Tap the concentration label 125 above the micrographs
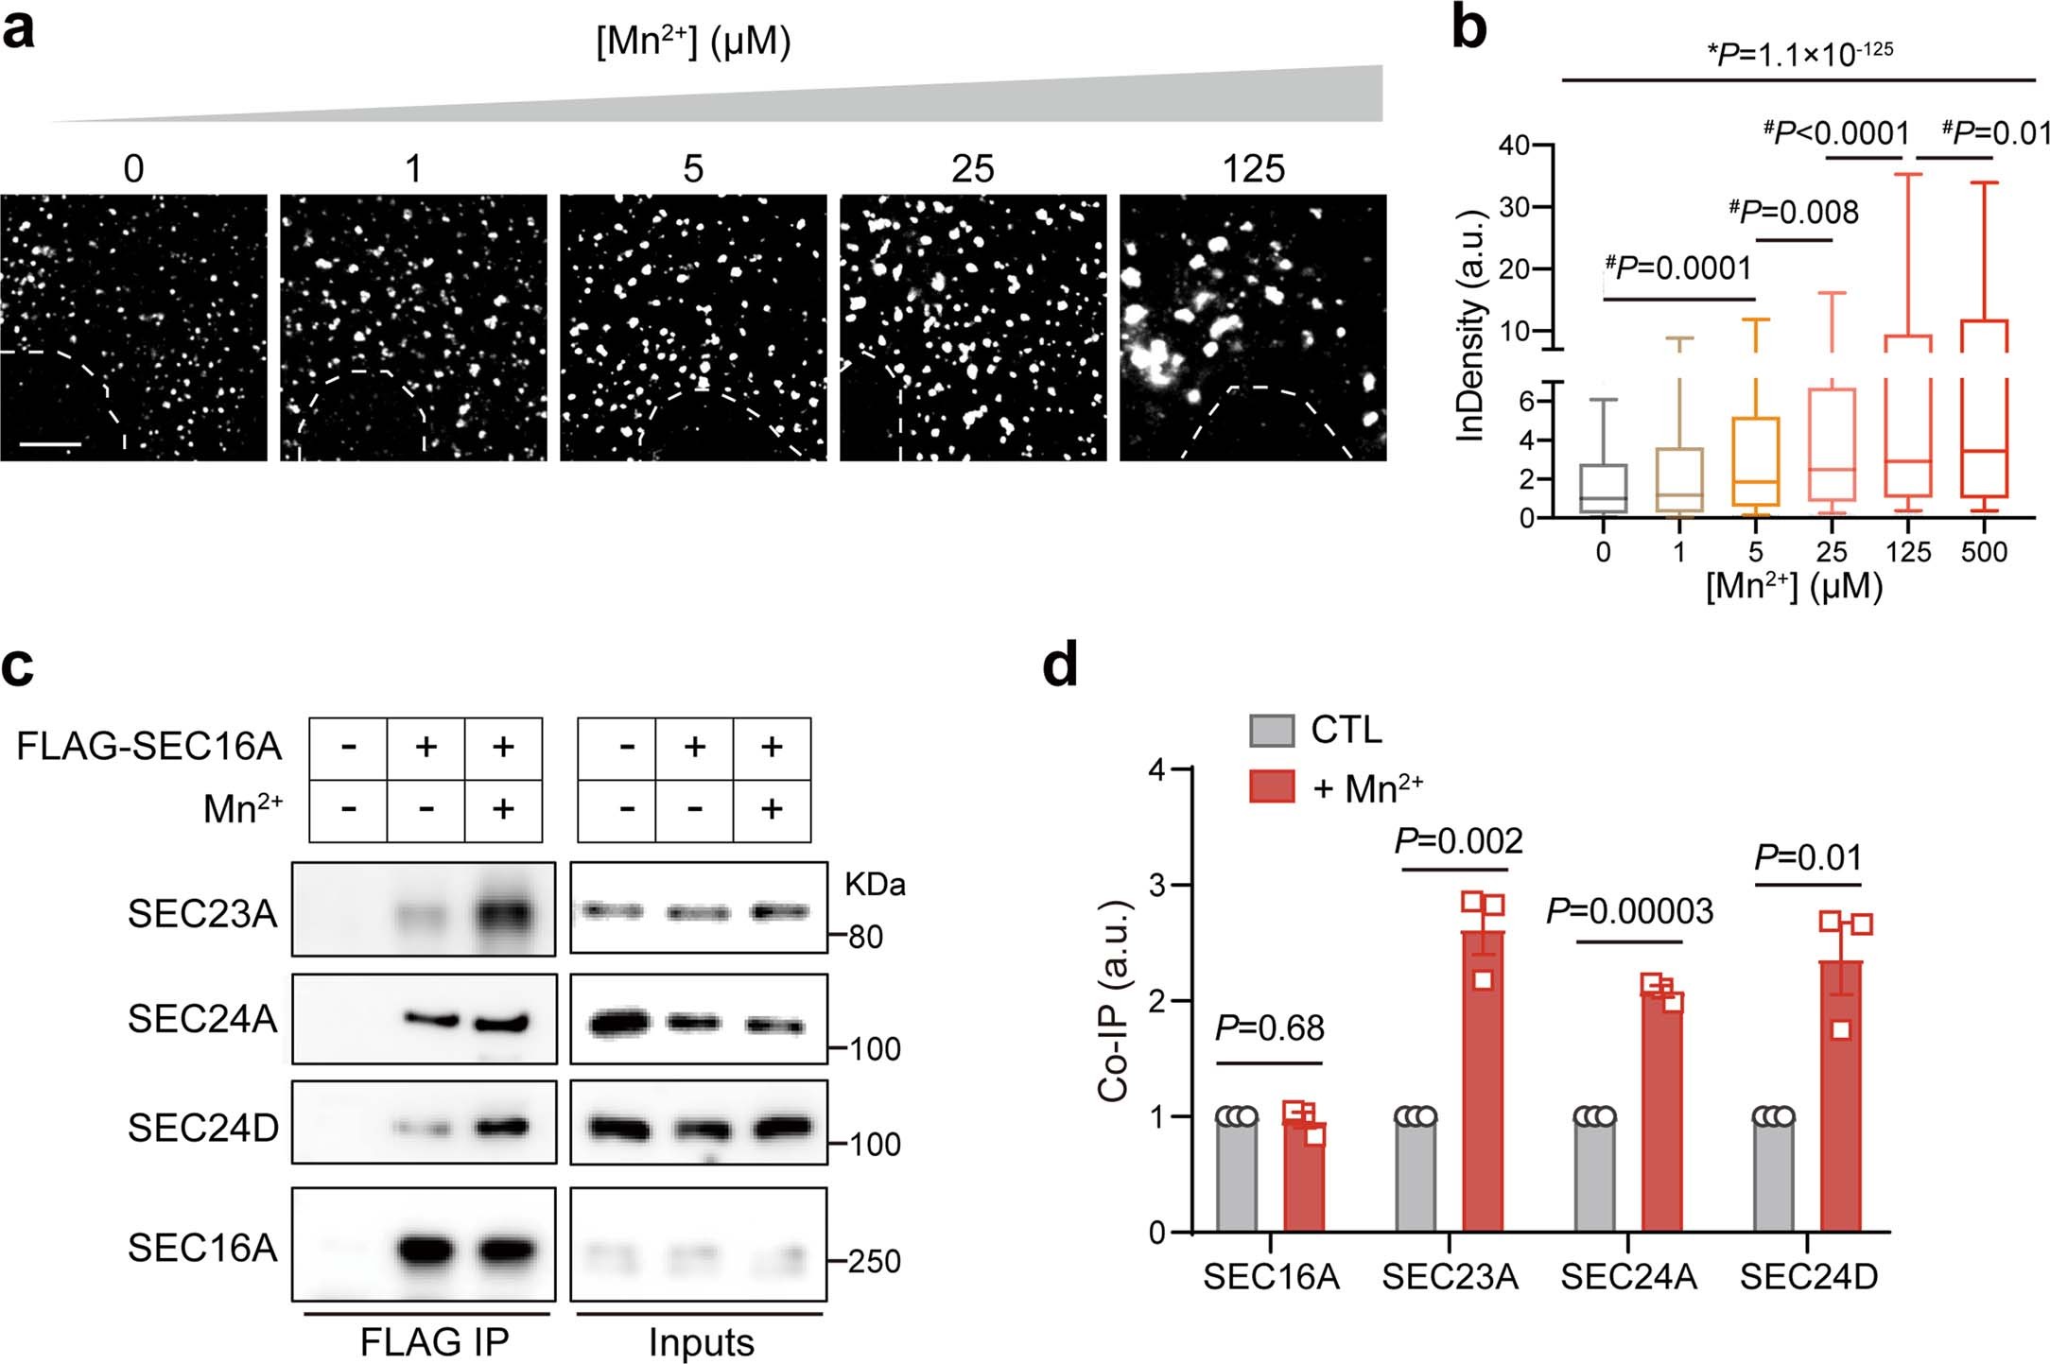(x=1253, y=170)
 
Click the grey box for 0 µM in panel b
(x=1604, y=489)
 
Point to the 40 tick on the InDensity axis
(x=1514, y=146)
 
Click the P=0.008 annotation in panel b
(x=1793, y=212)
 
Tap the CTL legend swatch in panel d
(x=1271, y=731)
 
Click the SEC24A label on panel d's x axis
(x=1628, y=1277)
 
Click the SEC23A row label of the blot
(x=202, y=914)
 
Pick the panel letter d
(x=1059, y=665)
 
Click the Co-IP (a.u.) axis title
(x=1114, y=1001)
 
